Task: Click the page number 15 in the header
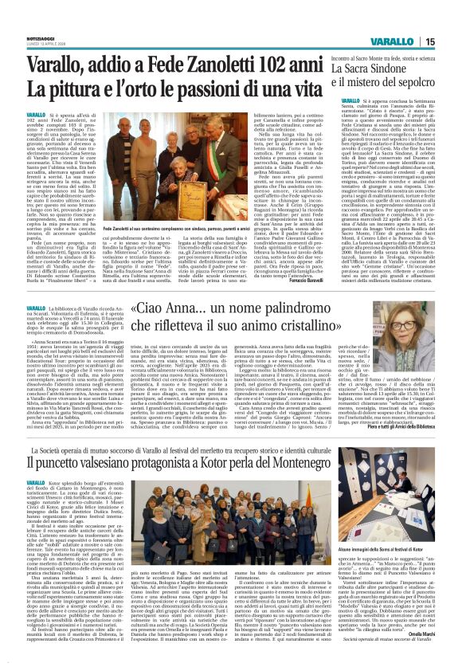tap(450, 41)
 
